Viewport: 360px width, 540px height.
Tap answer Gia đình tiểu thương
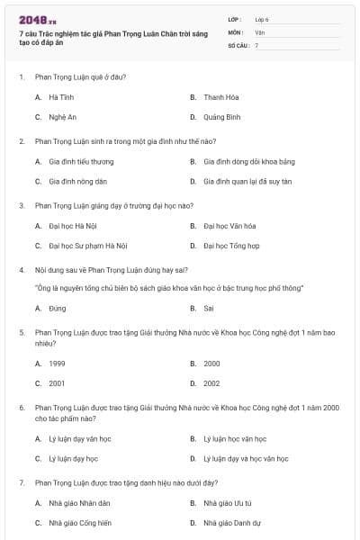81,161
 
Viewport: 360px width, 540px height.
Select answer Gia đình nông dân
77,181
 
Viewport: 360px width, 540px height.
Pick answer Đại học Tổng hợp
231,246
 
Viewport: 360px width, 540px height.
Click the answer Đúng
58,308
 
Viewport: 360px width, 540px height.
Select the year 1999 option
57,364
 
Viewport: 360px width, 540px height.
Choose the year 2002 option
211,383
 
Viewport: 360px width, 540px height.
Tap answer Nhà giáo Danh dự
232,522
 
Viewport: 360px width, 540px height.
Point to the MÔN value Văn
259,31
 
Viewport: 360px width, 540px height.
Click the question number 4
22,269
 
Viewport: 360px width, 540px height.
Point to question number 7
22,482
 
